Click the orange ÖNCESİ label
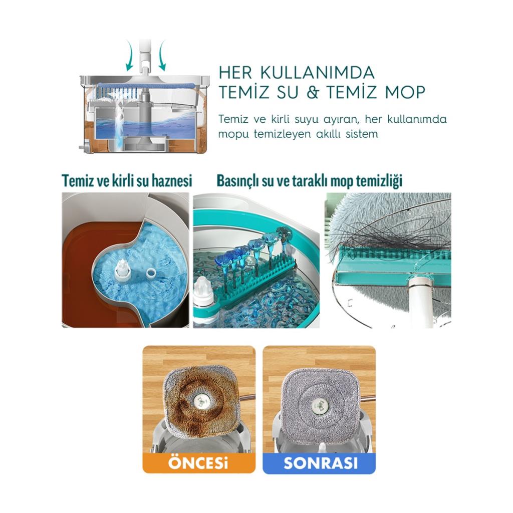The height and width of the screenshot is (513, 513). [198, 462]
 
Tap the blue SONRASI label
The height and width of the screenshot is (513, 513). [320, 462]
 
